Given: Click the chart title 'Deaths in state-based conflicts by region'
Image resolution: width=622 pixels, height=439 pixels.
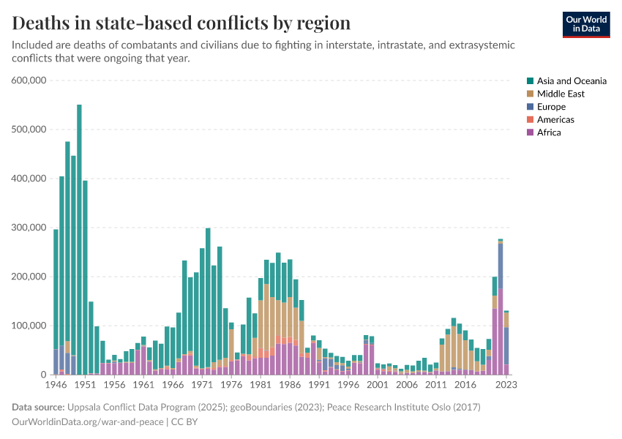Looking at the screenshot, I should click(181, 23).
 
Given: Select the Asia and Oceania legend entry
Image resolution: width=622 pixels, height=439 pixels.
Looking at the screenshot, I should click(572, 81).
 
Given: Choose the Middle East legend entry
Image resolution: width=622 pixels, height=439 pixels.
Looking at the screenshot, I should click(561, 94).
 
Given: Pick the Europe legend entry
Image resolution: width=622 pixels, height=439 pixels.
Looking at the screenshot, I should click(551, 107).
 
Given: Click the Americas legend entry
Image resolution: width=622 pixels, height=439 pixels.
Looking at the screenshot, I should click(555, 119).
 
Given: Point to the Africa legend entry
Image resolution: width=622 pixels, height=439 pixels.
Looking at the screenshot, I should click(549, 132).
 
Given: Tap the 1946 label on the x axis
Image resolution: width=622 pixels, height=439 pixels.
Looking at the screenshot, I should click(56, 383).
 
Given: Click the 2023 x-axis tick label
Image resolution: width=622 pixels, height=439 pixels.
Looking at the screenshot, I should click(506, 383).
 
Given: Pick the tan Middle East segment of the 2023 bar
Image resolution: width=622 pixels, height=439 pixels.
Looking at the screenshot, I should click(506, 320).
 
